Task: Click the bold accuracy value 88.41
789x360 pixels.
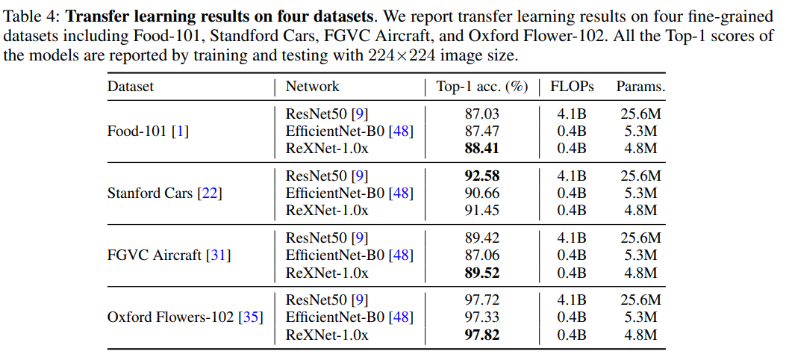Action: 481,148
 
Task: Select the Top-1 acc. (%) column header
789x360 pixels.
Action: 481,87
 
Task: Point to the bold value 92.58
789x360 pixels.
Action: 481,176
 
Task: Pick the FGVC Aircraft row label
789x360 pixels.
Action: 169,255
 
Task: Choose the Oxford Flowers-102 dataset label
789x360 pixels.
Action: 185,317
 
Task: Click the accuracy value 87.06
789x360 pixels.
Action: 481,255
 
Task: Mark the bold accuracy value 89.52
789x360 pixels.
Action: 481,273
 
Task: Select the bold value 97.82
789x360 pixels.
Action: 481,335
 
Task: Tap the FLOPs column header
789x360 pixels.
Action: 572,87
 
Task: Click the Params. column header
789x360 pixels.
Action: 640,87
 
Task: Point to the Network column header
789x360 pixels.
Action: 312,87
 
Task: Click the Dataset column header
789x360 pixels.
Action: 131,87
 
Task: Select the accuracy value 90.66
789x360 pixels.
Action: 481,193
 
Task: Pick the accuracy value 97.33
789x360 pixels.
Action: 481,317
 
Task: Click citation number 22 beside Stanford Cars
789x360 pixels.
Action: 210,193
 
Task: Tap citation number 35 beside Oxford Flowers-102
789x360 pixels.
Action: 250,317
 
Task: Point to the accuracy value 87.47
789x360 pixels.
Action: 481,131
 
